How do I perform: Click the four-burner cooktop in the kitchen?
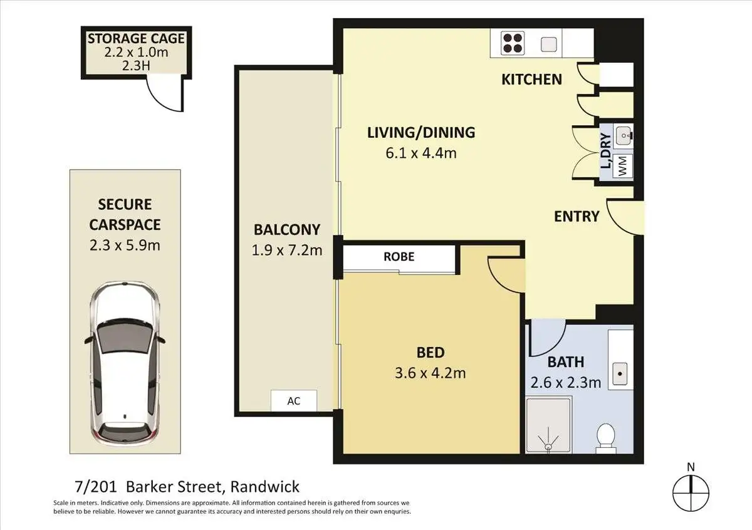point(513,43)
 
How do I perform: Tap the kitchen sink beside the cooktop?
point(548,44)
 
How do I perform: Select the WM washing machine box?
point(623,166)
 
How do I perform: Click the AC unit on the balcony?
point(294,400)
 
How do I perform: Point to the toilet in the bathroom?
point(606,437)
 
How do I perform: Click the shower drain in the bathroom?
point(548,447)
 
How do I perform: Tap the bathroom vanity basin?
point(620,373)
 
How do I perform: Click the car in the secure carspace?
point(125,363)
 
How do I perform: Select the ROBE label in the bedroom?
point(399,257)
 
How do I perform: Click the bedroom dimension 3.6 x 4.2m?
point(431,373)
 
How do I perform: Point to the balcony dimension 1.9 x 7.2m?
point(287,251)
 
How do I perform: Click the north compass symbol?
point(691,493)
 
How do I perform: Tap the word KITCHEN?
point(532,80)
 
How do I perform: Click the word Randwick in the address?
point(265,487)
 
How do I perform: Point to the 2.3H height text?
point(136,66)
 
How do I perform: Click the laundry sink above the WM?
point(624,136)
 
